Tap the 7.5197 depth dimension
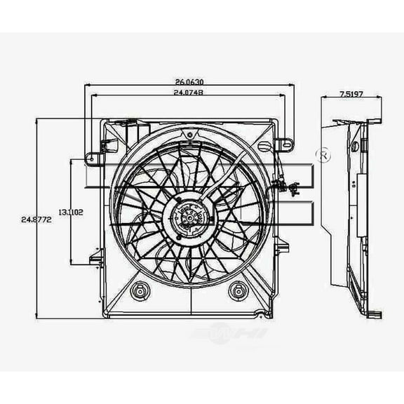[351, 93]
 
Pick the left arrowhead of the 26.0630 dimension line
[86, 86]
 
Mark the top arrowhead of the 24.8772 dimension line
[36, 121]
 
